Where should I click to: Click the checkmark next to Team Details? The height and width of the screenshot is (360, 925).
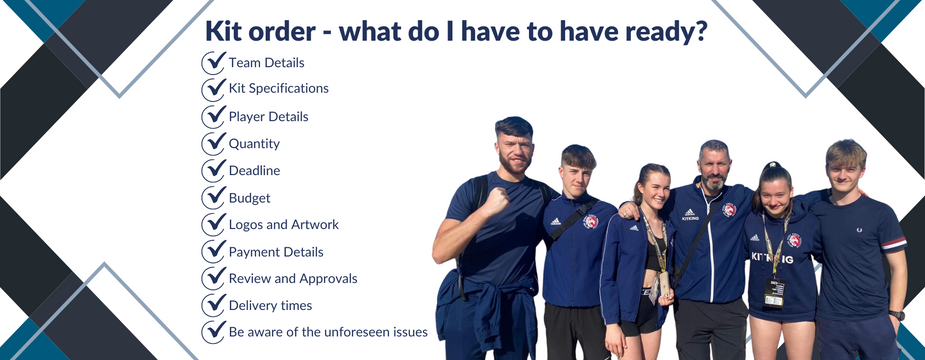(213, 62)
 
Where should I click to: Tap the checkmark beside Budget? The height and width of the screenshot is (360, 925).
(213, 197)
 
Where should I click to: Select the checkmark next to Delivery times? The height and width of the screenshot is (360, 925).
(213, 305)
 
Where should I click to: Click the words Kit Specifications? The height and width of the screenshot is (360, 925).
(278, 89)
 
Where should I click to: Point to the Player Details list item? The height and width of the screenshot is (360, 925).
(268, 116)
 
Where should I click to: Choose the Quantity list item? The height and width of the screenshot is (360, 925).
(254, 143)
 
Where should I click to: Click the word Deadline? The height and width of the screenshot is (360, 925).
(254, 170)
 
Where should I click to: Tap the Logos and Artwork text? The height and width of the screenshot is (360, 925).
(283, 224)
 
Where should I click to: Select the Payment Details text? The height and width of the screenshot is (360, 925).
(276, 251)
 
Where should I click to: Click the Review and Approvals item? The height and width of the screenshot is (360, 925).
(292, 278)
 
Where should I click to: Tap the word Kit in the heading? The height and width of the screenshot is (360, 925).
(225, 31)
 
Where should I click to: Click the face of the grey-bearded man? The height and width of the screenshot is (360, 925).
(713, 166)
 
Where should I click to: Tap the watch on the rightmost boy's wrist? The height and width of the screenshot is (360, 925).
(897, 315)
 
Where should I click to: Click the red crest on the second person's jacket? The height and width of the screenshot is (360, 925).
(590, 221)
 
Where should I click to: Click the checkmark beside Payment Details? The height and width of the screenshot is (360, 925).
(213, 251)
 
